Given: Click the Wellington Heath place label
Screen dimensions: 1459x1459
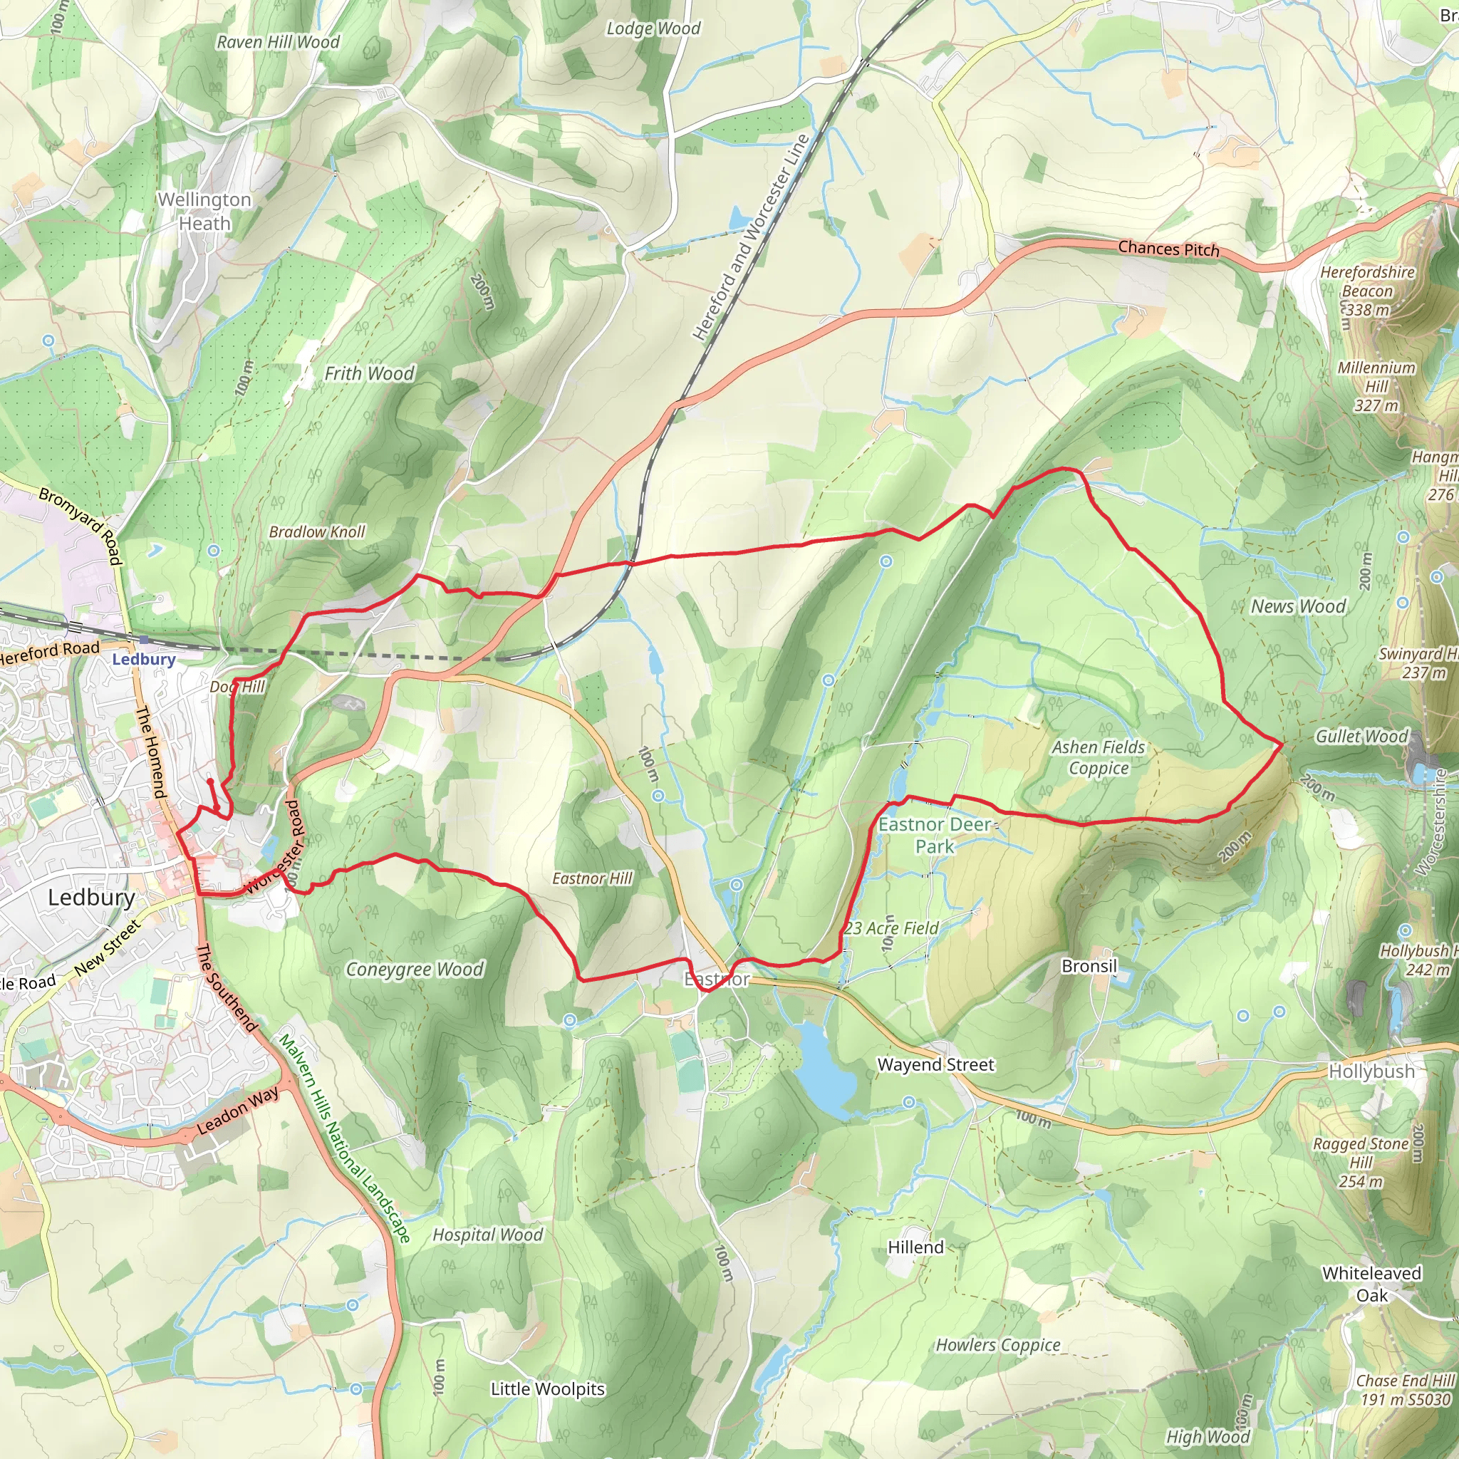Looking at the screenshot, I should [x=204, y=212].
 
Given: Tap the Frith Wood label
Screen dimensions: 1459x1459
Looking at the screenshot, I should [x=369, y=374].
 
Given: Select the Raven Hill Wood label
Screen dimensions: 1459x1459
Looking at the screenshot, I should [x=278, y=42].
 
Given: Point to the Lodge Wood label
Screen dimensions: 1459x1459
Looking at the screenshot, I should [x=653, y=28].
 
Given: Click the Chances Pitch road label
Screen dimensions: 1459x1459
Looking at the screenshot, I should [x=1168, y=249].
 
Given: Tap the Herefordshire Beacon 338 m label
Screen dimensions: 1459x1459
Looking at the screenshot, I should [x=1367, y=291].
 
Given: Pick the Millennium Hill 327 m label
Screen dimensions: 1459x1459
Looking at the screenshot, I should [x=1376, y=387].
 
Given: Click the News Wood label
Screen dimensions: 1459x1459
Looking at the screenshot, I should [x=1298, y=606].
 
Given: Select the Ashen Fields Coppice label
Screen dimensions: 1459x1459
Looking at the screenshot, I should [x=1099, y=757].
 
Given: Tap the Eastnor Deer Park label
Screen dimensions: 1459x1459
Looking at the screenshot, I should [x=935, y=835].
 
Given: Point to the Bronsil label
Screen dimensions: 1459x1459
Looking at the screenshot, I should [x=1089, y=966].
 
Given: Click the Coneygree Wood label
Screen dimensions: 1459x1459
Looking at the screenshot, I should [x=415, y=969].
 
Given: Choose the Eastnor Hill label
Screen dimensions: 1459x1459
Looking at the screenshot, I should [x=592, y=878].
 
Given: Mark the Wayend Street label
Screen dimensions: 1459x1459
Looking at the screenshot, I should [x=935, y=1065].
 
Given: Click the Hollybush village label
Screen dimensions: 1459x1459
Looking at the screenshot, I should [x=1371, y=1071].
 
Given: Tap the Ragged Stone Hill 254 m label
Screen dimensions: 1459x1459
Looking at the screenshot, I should [x=1361, y=1163].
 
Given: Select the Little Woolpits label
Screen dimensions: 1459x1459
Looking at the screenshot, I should [x=548, y=1388].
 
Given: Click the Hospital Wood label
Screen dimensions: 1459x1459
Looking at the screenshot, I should [x=488, y=1235].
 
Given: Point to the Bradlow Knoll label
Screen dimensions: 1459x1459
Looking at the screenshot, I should [x=317, y=531].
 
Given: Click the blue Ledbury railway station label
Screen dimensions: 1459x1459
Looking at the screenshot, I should [x=143, y=659].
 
